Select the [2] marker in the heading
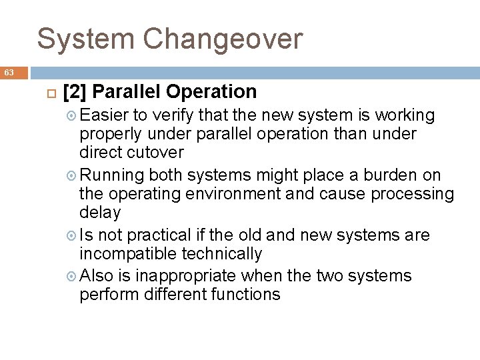point(73,91)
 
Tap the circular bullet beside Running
point(71,176)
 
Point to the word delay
point(100,213)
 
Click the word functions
point(241,294)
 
